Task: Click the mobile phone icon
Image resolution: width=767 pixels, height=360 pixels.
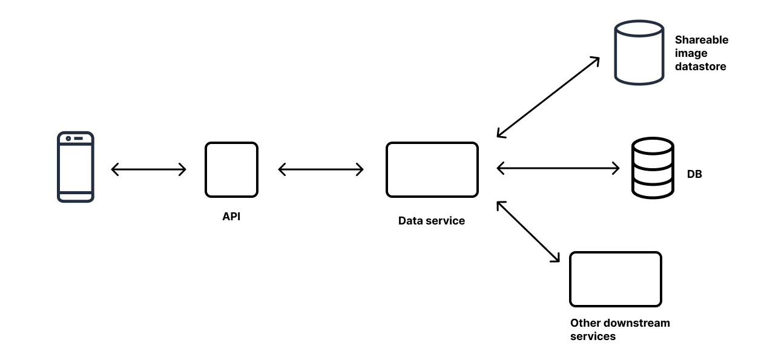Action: coord(75,166)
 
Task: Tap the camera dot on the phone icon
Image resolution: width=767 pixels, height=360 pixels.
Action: coord(68,139)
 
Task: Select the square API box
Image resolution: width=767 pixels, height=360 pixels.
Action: coord(231,169)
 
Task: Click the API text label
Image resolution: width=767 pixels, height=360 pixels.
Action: coord(231,217)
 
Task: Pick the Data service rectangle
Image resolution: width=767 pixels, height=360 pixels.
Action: coord(432,169)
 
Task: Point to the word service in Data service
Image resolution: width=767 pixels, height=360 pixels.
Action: coord(445,221)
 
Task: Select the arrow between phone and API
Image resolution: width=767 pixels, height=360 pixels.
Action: coord(149,169)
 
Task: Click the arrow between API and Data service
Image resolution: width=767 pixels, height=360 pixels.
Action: coord(321,169)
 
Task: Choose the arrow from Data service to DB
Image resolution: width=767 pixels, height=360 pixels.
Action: coord(558,168)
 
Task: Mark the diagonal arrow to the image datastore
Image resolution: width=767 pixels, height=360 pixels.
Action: coord(548,97)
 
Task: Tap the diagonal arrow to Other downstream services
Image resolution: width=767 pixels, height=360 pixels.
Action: coord(528,232)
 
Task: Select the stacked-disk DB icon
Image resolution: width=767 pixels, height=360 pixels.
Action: coord(652,168)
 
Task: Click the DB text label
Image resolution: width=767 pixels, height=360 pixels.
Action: coord(694,174)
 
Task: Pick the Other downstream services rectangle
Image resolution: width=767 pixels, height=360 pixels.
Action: coord(615,279)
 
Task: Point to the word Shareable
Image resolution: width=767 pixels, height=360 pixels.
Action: coord(702,40)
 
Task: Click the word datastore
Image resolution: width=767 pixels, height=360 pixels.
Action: coord(700,67)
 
